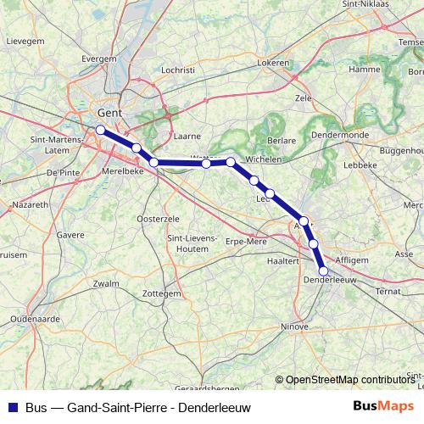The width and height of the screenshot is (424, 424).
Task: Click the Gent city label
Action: coord(111,111)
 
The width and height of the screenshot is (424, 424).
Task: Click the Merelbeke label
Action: coord(123,170)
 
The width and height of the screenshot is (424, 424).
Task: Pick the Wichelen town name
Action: coord(262,159)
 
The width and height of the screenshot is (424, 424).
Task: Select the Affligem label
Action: coord(351,259)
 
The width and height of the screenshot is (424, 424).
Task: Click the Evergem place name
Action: coord(98,59)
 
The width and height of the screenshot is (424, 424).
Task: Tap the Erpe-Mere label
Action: coord(246,242)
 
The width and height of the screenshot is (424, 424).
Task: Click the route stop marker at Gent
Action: coord(100,130)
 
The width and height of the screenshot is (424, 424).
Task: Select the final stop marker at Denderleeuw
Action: coord(323,271)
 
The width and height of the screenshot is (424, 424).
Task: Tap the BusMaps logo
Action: coord(384,406)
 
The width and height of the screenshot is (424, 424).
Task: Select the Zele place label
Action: coord(303,98)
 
